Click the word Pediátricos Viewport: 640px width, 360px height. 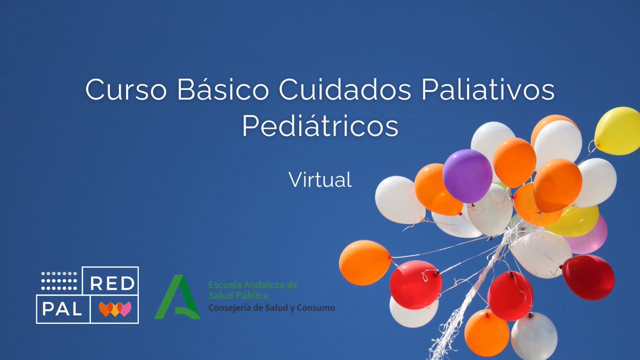(x=320, y=126)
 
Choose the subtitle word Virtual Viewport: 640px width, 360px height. (x=320, y=180)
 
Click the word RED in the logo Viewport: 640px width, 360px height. (x=113, y=284)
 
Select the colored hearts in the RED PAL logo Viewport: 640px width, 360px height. (x=115, y=309)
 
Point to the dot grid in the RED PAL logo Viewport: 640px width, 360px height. (x=59, y=278)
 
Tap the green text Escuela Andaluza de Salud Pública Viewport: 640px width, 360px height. (x=253, y=290)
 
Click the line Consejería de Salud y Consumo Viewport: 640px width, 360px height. (x=271, y=308)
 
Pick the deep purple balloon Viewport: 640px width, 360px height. (x=467, y=175)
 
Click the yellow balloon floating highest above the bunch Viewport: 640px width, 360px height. (x=618, y=131)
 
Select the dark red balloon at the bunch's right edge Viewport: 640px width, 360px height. (x=588, y=277)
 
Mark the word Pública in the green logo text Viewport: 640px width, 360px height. (x=253, y=295)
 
